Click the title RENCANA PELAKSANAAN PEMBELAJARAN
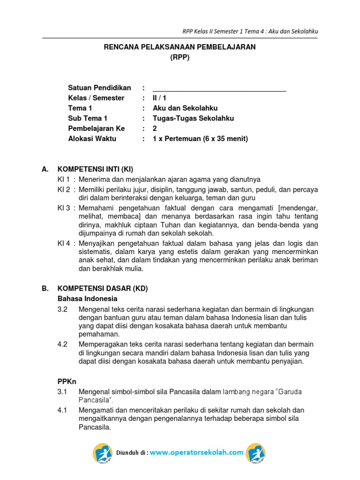[180, 48]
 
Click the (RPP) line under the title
[180, 58]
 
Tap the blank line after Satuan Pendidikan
[219, 88]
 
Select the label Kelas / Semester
[96, 98]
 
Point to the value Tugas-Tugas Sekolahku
[193, 118]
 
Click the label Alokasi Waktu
[92, 138]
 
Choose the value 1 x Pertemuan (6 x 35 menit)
[200, 138]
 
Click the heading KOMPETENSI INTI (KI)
[98, 169]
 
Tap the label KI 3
[64, 208]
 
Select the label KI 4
[64, 243]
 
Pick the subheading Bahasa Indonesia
[87, 299]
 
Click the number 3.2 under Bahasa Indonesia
[62, 309]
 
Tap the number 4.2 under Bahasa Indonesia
[62, 344]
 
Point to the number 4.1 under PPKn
[62, 410]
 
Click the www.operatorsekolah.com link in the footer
[197, 452]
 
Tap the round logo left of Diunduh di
[103, 453]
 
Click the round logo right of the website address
[256, 453]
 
